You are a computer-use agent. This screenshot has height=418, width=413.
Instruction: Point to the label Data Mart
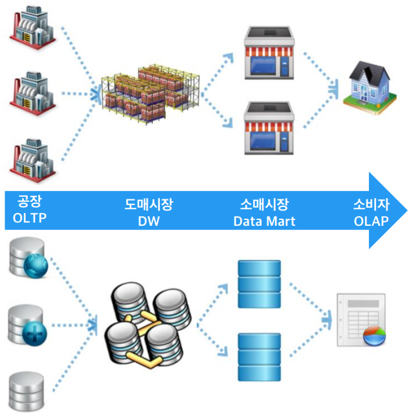(x=264, y=221)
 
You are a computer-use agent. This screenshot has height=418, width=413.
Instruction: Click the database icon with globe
(x=29, y=259)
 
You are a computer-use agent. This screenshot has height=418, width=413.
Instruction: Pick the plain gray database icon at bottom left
(x=27, y=391)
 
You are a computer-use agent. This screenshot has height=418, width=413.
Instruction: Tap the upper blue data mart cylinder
(x=259, y=284)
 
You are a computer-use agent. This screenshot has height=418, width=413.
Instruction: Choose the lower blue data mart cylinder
(x=259, y=356)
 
